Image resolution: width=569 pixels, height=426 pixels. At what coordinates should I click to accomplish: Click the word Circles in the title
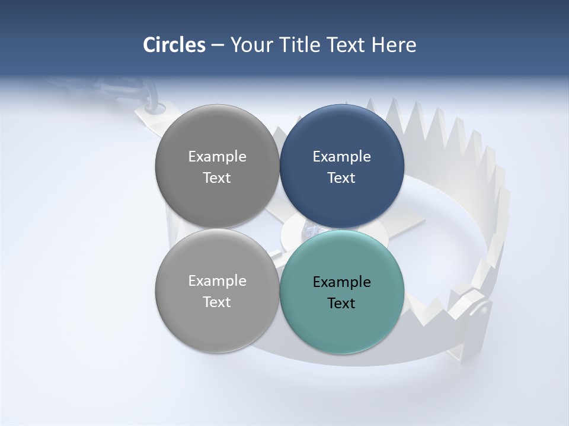(174, 45)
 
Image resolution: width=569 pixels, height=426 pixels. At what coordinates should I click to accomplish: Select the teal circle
(342, 325)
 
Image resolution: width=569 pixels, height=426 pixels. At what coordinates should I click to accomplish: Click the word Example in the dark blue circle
(342, 156)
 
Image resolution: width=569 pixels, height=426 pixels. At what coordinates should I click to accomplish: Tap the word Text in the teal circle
(342, 304)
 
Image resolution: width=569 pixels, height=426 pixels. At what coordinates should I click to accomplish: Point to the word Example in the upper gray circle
(217, 156)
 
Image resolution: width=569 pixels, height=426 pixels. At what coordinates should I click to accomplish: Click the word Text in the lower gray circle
(217, 302)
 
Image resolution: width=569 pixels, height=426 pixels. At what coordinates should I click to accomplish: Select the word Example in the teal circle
(342, 282)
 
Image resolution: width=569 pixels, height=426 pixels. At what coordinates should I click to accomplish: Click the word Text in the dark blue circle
(342, 177)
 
